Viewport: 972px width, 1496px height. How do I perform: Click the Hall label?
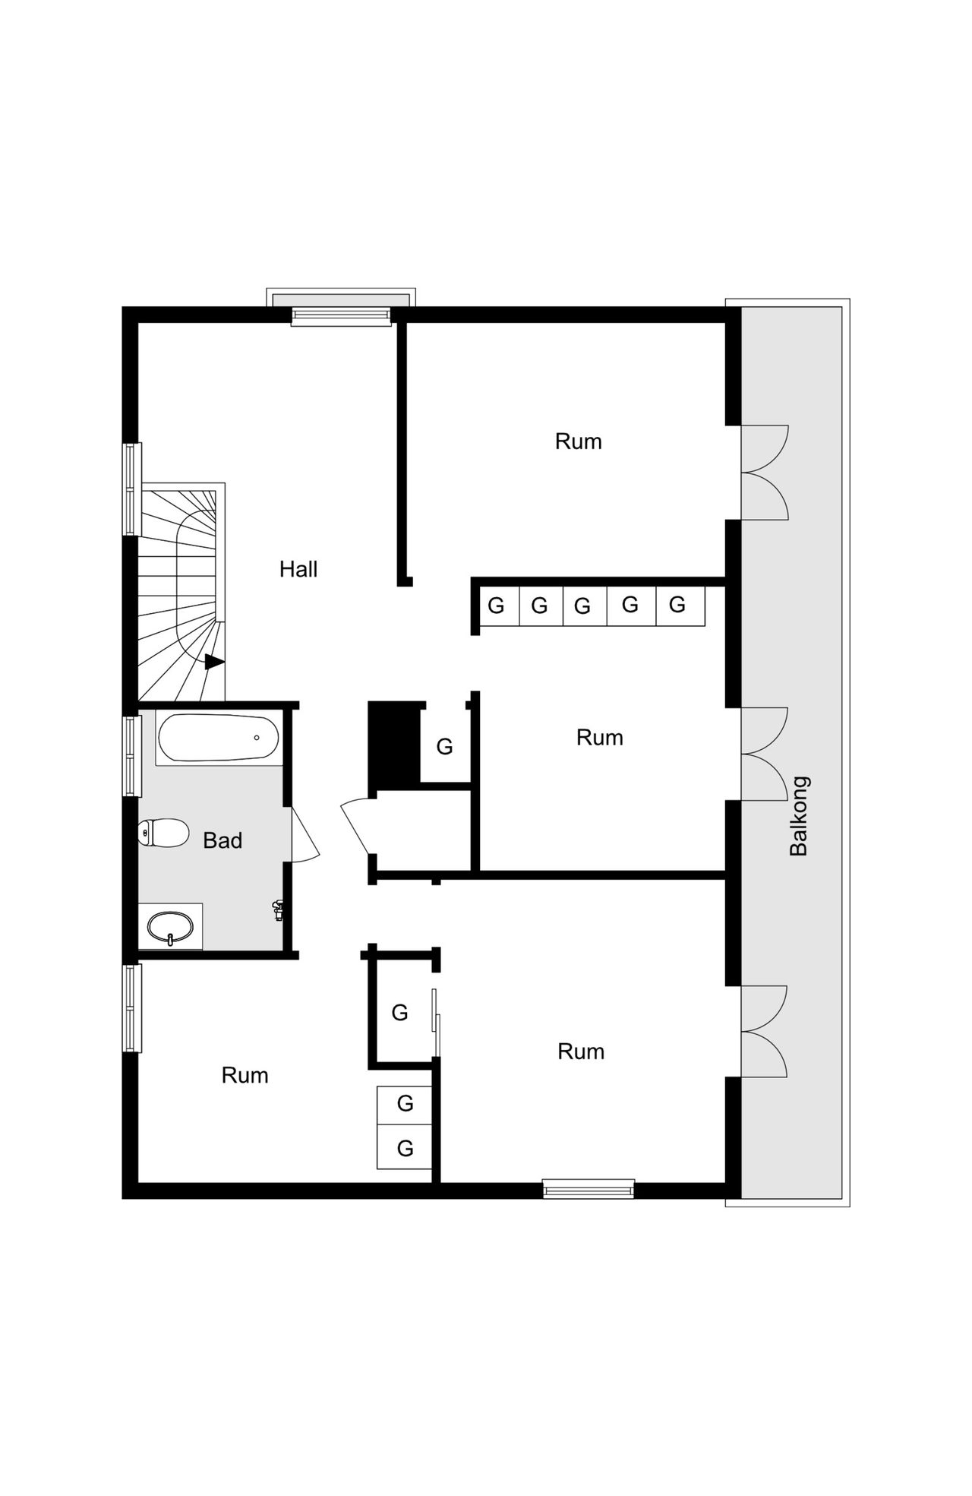pyautogui.click(x=298, y=569)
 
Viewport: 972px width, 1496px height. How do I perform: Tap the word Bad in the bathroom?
pyautogui.click(x=222, y=840)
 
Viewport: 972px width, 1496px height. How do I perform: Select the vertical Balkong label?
pyautogui.click(x=799, y=816)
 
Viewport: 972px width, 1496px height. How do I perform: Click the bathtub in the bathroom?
pyautogui.click(x=219, y=737)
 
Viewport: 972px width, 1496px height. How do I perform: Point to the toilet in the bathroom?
pyautogui.click(x=163, y=833)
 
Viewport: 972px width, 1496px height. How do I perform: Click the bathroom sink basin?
pyautogui.click(x=170, y=927)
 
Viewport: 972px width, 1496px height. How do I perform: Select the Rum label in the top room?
pyautogui.click(x=578, y=441)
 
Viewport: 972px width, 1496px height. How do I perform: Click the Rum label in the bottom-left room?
pyautogui.click(x=245, y=1075)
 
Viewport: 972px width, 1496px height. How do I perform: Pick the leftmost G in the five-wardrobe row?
pyautogui.click(x=496, y=606)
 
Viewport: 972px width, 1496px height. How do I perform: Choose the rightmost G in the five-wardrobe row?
pyautogui.click(x=677, y=605)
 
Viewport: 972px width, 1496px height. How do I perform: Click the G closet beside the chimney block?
pyautogui.click(x=445, y=747)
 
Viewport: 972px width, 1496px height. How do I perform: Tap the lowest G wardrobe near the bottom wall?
pyautogui.click(x=405, y=1148)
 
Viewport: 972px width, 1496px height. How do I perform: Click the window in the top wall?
pyautogui.click(x=340, y=316)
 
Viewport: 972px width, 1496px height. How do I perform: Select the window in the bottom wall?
pyautogui.click(x=589, y=1189)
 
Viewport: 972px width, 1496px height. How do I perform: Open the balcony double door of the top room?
pyautogui.click(x=763, y=473)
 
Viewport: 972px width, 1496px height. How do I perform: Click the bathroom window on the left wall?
pyautogui.click(x=133, y=756)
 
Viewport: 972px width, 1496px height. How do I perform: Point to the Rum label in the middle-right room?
pyautogui.click(x=599, y=737)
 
